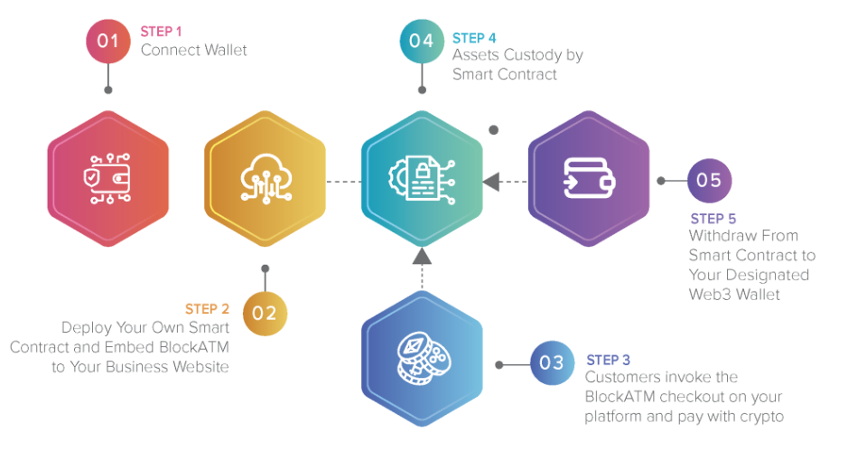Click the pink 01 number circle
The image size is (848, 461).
coord(108,41)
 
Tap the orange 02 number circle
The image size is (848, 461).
coord(265,313)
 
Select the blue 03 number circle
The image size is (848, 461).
coord(552,363)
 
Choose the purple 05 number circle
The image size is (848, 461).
coord(709,180)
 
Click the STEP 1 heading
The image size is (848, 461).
coord(162,32)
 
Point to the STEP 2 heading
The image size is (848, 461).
coord(208,309)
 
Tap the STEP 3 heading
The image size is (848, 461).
coord(609,360)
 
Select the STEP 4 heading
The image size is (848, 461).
coord(474,38)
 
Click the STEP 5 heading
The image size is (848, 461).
coord(713,219)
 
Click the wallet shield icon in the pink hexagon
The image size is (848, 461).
coord(107,179)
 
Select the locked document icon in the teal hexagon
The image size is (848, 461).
coord(421,178)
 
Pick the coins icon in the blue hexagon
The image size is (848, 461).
coord(422,358)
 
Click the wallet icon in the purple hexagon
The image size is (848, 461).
coord(589,178)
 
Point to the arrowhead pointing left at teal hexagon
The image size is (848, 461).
coord(490,182)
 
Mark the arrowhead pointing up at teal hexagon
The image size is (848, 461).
coord(422,257)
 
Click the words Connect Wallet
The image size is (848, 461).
coord(193,50)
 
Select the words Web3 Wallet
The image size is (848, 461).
coord(734,294)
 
